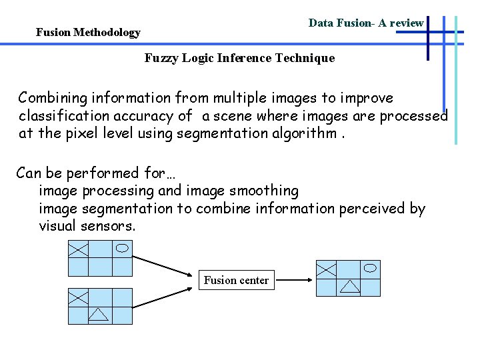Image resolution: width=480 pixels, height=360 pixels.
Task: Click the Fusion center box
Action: [236, 280]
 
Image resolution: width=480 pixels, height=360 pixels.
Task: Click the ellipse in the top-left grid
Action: [123, 248]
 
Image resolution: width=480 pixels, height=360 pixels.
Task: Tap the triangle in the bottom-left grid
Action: [99, 314]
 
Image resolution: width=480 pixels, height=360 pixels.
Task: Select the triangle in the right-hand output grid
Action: [349, 287]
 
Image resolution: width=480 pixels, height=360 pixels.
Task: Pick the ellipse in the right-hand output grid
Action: [371, 268]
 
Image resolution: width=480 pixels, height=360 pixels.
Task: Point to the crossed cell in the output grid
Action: [326, 269]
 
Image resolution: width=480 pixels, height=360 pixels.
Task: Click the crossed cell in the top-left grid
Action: [79, 249]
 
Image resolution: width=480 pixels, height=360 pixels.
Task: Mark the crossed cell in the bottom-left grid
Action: [79, 297]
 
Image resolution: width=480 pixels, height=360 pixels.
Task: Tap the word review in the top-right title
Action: [406, 23]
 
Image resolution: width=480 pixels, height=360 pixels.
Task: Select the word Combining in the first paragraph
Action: [52, 98]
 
